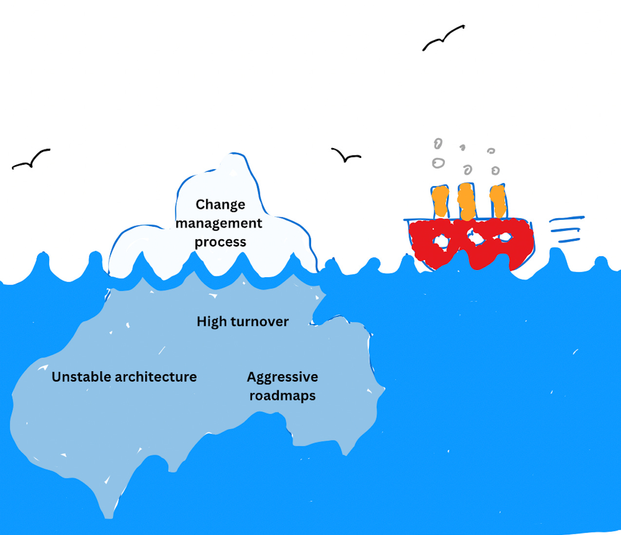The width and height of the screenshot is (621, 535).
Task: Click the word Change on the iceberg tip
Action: tap(220, 205)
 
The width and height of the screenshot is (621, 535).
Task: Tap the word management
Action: tap(219, 223)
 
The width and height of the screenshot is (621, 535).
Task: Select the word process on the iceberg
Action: tap(220, 242)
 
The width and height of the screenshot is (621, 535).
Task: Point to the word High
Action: tap(212, 322)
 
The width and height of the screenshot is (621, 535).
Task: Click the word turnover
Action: tap(259, 322)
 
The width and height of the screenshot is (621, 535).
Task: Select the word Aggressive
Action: tap(282, 377)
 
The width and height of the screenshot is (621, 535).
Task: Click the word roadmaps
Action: tap(282, 396)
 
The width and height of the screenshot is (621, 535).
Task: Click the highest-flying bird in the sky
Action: tap(443, 38)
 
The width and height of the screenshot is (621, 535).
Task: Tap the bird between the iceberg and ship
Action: tap(346, 155)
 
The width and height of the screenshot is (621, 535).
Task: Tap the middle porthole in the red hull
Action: tap(473, 238)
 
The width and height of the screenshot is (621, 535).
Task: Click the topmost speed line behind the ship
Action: tap(567, 219)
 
